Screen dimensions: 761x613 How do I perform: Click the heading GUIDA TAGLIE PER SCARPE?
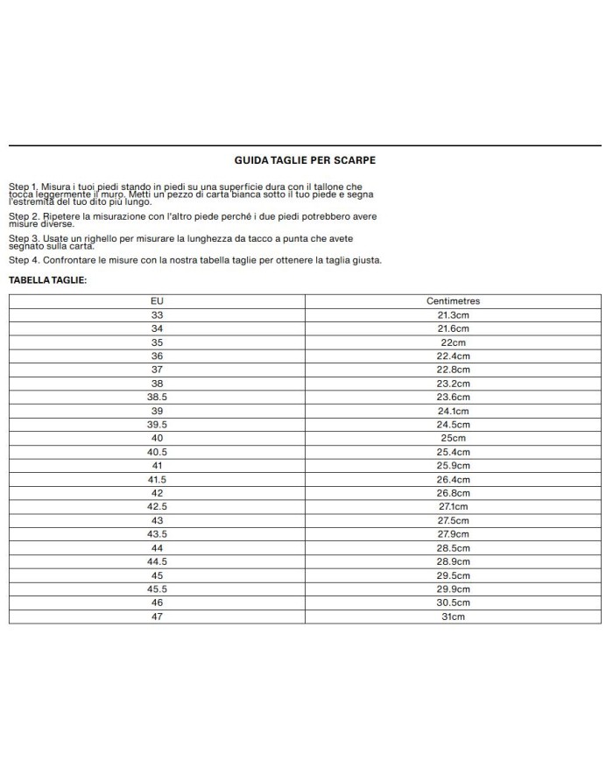[306, 160]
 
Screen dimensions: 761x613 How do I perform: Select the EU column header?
[158, 300]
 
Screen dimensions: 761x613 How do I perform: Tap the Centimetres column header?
[453, 300]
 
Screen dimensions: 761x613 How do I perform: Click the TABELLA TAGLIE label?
[48, 280]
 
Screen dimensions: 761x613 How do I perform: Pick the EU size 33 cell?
[158, 314]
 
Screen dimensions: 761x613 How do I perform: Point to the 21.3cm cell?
[453, 314]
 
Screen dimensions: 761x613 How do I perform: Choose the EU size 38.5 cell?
[158, 397]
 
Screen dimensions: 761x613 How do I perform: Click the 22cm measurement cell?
[453, 342]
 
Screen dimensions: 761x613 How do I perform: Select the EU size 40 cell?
[158, 438]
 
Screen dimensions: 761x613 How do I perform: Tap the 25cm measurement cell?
[453, 438]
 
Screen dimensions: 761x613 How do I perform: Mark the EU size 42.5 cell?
[158, 506]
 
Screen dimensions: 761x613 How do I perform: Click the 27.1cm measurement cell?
[453, 506]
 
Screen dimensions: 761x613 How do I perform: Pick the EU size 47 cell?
[158, 617]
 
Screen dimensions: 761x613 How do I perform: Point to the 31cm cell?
[453, 617]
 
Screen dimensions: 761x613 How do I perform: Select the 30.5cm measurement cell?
[453, 602]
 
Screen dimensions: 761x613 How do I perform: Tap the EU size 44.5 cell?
[158, 561]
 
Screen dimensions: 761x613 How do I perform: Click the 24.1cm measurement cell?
[453, 411]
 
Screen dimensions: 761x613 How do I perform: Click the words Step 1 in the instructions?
[23, 187]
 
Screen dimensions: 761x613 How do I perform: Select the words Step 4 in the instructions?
[23, 260]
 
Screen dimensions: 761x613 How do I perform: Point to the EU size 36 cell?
[158, 356]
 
